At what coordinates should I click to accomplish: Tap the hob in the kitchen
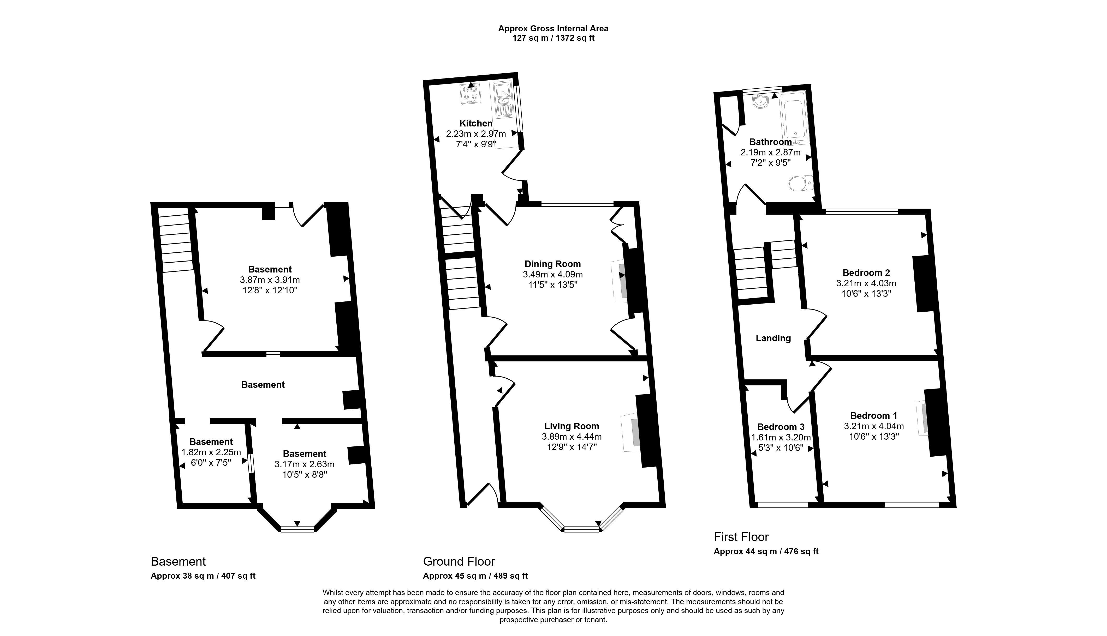[x=470, y=93]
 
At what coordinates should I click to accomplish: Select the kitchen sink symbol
[x=504, y=105]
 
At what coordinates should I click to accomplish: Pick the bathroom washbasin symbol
[x=761, y=101]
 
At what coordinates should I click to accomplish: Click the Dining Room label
[x=552, y=264]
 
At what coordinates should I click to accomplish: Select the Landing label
[x=773, y=338]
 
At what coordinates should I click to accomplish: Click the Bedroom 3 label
[x=781, y=427]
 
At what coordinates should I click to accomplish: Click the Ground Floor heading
[x=459, y=561]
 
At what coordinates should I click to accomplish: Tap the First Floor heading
[x=741, y=537]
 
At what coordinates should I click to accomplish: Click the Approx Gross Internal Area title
[x=553, y=28]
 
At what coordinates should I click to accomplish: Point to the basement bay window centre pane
[x=297, y=529]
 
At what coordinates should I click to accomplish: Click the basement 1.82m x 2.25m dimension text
[x=211, y=452]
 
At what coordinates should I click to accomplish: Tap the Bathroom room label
[x=770, y=142]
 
